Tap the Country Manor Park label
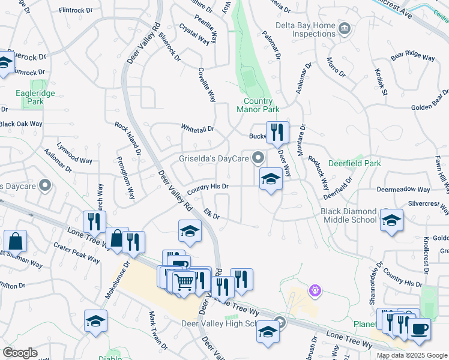click(258, 106)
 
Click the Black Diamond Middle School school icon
click(391, 220)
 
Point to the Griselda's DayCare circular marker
click(259, 158)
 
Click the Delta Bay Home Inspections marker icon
click(345, 28)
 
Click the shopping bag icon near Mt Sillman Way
click(15, 241)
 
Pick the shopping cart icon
click(184, 281)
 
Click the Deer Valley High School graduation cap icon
click(268, 330)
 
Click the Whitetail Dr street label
click(197, 128)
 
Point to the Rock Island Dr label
click(128, 140)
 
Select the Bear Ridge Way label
click(412, 57)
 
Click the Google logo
click(20, 353)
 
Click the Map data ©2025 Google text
click(411, 355)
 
